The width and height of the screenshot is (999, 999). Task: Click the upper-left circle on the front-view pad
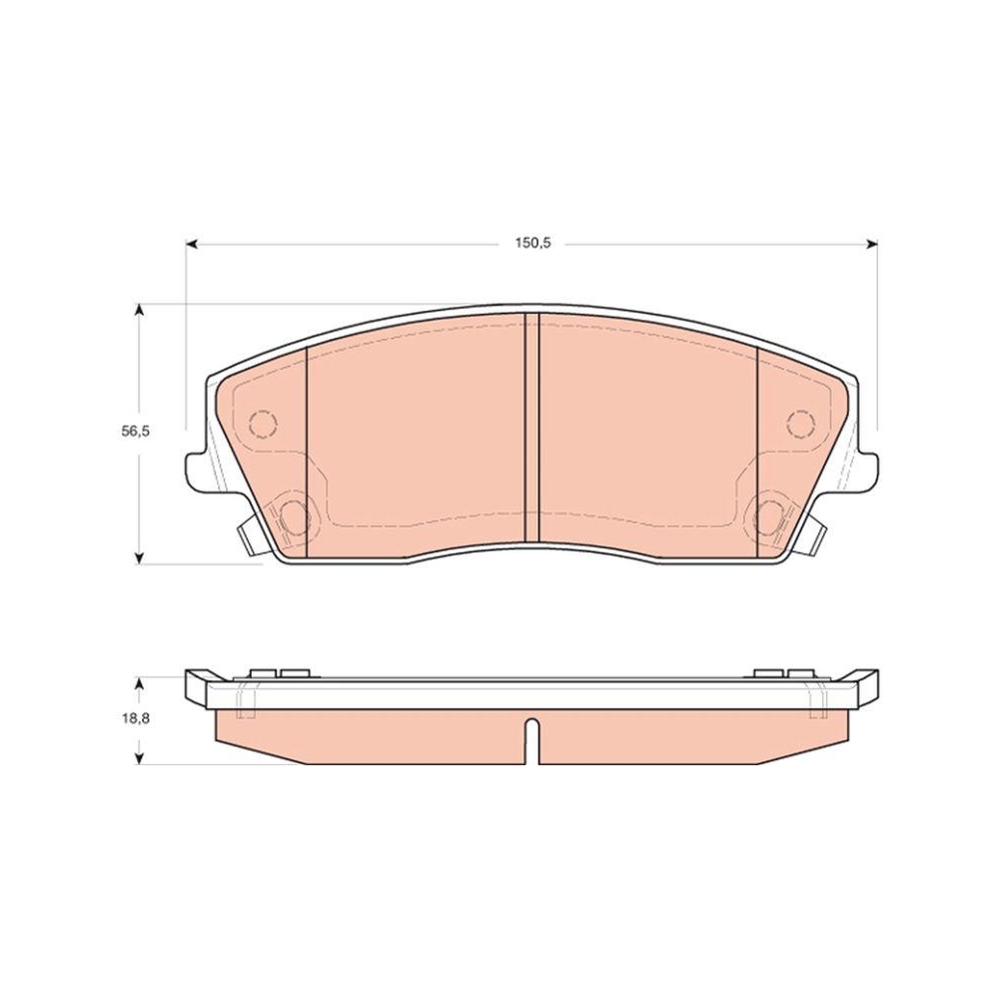pyautogui.click(x=262, y=424)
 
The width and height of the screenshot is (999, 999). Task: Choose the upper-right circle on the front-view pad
pyautogui.click(x=800, y=424)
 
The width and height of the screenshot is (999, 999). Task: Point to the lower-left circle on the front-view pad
pyautogui.click(x=294, y=515)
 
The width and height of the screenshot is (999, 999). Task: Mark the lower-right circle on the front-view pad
pyautogui.click(x=768, y=515)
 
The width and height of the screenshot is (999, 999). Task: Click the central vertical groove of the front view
pyautogui.click(x=531, y=430)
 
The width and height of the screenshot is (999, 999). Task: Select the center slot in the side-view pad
pyautogui.click(x=531, y=741)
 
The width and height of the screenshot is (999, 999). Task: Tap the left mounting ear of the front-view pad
pyautogui.click(x=198, y=472)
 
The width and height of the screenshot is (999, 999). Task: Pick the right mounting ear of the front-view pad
pyautogui.click(x=865, y=472)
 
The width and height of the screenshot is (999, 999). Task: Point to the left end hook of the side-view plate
pyautogui.click(x=198, y=686)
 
